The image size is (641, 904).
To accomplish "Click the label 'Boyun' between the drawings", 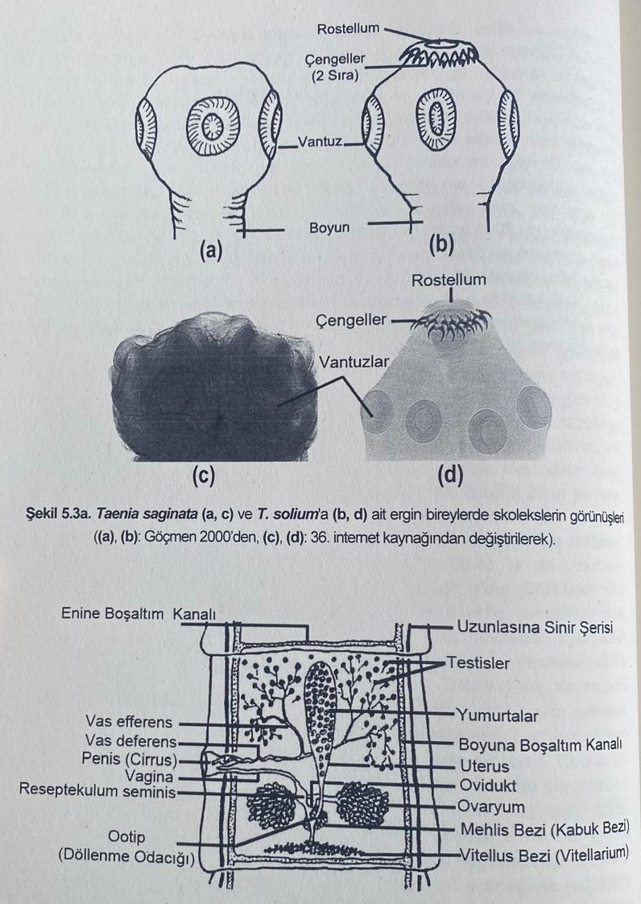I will [x=329, y=228].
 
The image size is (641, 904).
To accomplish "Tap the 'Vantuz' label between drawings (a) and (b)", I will [x=320, y=143].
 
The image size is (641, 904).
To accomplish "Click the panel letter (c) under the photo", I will [x=202, y=476].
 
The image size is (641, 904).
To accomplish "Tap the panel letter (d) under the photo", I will [x=449, y=476].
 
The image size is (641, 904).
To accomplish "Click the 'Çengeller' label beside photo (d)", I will [x=347, y=322].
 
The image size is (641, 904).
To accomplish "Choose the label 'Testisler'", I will [x=478, y=663].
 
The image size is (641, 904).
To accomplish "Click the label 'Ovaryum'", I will [x=490, y=807].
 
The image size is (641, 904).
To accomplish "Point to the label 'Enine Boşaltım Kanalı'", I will [x=139, y=614].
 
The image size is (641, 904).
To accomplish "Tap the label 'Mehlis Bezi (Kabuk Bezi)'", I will [x=544, y=828].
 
